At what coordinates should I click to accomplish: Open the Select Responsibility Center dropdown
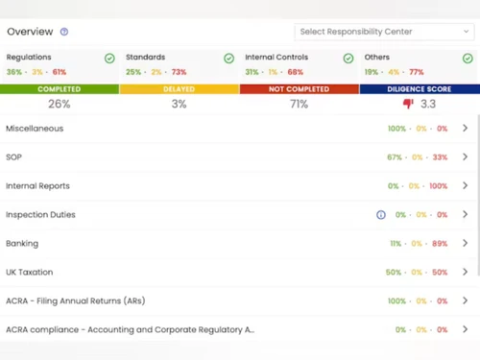tap(384, 32)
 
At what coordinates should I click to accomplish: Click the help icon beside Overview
tap(64, 32)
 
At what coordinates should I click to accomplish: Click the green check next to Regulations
tap(109, 59)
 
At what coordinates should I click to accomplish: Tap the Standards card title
tap(145, 58)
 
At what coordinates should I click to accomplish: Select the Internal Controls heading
tap(276, 58)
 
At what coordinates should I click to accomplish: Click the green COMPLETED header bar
tap(60, 89)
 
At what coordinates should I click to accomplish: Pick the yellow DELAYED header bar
tap(180, 89)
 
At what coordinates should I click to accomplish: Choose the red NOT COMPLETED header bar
tap(300, 89)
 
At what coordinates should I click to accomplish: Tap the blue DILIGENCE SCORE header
tap(420, 89)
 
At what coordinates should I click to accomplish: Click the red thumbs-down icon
tap(407, 104)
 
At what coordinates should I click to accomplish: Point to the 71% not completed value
tap(300, 104)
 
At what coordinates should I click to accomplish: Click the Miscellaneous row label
tap(35, 129)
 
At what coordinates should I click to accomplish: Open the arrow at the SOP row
tap(466, 157)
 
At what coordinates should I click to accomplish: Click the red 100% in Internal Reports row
tap(438, 186)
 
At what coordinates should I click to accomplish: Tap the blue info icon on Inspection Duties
tap(381, 215)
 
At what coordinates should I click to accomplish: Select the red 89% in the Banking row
tap(440, 244)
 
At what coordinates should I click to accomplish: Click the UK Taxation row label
tap(30, 273)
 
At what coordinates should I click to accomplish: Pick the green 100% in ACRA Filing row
tap(396, 301)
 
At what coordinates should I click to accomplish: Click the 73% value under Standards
tap(179, 72)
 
